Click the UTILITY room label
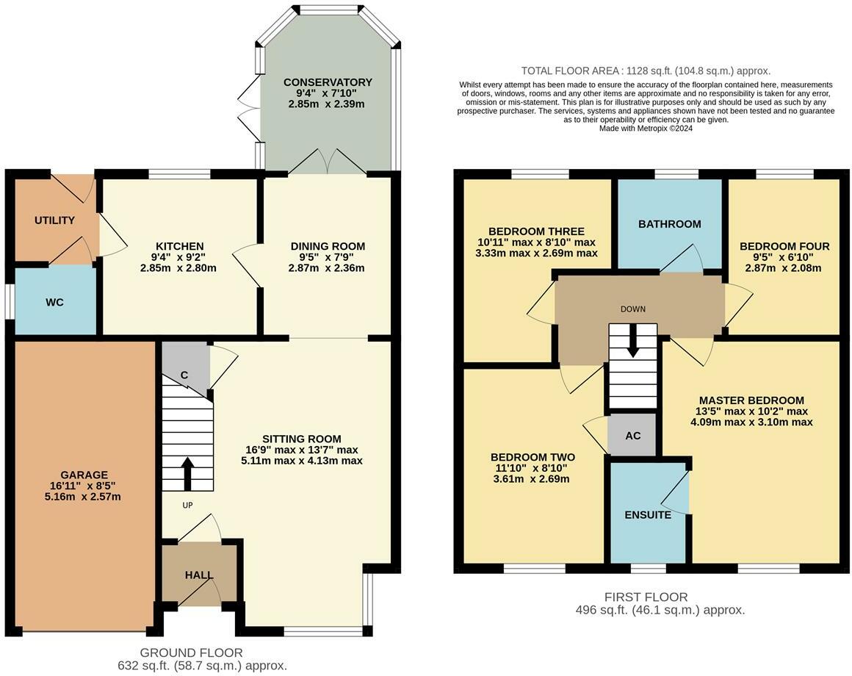click(x=54, y=220)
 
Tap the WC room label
click(x=55, y=302)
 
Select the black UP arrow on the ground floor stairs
click(x=187, y=473)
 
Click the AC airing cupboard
click(x=632, y=435)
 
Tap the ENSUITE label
click(x=648, y=514)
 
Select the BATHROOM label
click(x=669, y=224)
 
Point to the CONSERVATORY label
click(x=328, y=82)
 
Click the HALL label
click(x=199, y=575)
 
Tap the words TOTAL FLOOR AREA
click(x=570, y=71)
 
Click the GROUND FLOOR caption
click(x=191, y=652)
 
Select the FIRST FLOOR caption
click(x=646, y=597)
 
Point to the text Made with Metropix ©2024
click(x=646, y=129)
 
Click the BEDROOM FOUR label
click(x=784, y=246)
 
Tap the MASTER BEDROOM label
click(x=751, y=400)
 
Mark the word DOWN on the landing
click(x=633, y=309)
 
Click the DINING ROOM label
click(x=328, y=246)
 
